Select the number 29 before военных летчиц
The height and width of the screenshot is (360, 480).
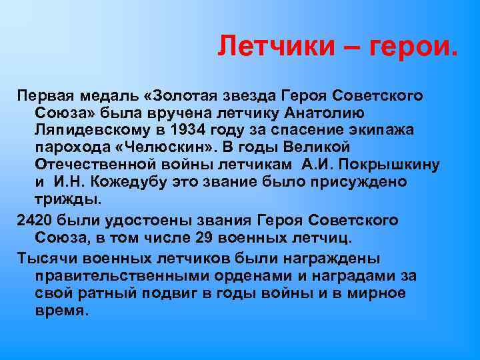(206, 238)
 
